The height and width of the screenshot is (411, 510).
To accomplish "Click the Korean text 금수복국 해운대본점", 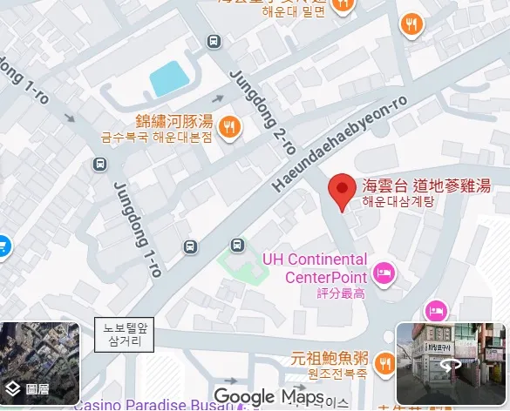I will pos(156,138).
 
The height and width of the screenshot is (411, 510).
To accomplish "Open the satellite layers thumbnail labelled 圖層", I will pos(39,364).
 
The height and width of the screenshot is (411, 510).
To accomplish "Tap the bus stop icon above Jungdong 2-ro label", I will pos(213,41).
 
